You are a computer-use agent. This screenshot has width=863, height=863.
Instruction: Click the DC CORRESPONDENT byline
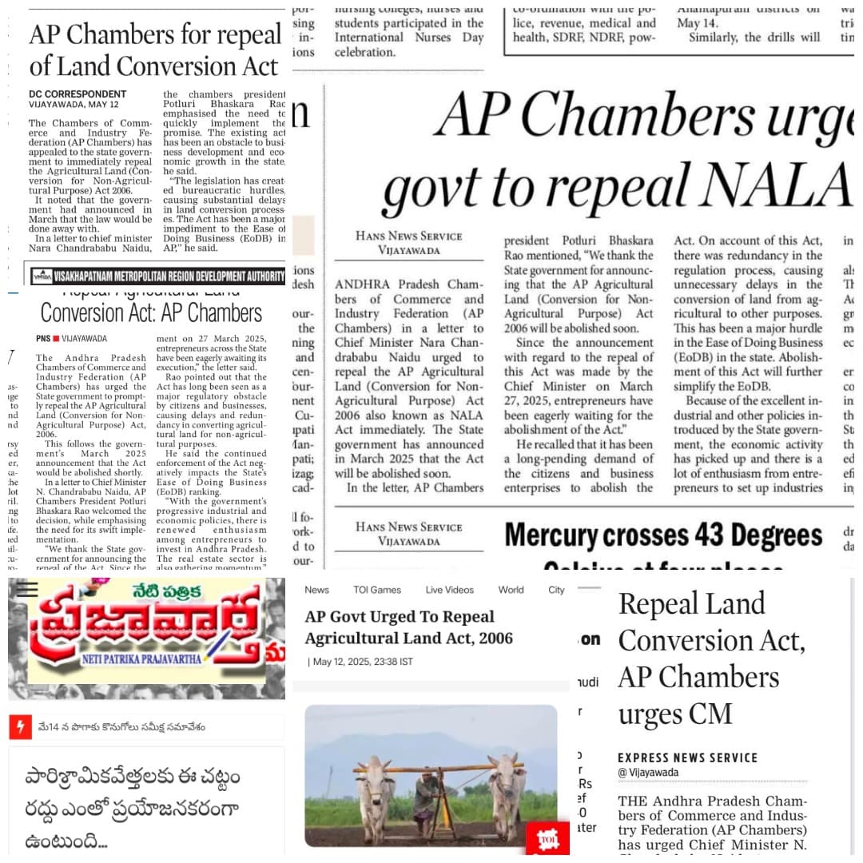[78, 93]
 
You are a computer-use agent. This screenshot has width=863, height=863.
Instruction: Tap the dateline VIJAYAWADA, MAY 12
[74, 105]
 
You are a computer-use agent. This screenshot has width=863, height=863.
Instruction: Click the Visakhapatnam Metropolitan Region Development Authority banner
[157, 276]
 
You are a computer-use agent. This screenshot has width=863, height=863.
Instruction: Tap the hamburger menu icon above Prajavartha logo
[27, 589]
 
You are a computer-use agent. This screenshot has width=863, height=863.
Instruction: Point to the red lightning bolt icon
[20, 726]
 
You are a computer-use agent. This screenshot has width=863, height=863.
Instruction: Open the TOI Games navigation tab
[377, 590]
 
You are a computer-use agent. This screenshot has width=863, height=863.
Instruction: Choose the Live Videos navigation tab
[449, 590]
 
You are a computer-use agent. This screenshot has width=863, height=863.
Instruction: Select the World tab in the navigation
[511, 590]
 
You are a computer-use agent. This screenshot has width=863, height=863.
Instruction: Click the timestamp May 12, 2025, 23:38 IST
[361, 662]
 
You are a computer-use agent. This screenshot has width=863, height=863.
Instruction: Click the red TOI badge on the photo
[547, 838]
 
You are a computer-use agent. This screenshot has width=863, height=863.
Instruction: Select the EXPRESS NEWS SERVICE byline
[687, 758]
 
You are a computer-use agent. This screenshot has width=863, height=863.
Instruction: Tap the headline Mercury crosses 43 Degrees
[663, 535]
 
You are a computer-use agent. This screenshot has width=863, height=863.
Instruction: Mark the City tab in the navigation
[556, 590]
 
